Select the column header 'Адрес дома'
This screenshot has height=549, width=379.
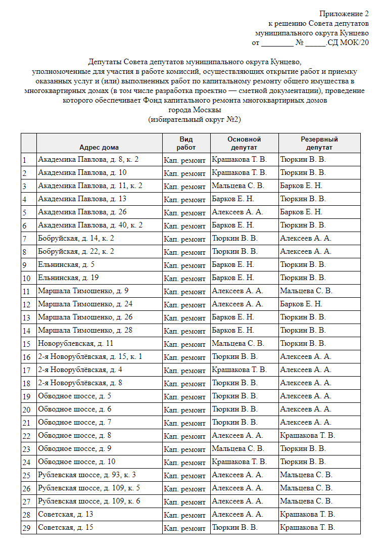[99, 147]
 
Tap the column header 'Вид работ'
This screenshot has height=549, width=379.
[185, 143]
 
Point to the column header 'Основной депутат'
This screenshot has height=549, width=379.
[244, 143]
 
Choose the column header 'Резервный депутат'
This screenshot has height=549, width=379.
[319, 143]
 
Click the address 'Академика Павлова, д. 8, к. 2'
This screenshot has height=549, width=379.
[88, 160]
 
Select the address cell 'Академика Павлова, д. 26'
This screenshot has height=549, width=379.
[82, 212]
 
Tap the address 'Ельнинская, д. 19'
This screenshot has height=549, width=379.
[68, 278]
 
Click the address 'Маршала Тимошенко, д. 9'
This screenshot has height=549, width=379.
[83, 291]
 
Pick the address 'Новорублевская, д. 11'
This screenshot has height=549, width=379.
[75, 344]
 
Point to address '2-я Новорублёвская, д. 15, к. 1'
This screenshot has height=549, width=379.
[90, 357]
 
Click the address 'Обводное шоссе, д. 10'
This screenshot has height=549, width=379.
[77, 462]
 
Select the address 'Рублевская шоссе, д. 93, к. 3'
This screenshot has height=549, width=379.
[87, 475]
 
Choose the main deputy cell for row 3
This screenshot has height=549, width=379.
[238, 186]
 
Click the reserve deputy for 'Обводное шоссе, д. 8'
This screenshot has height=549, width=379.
[307, 436]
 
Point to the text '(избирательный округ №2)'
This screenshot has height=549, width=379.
[195, 119]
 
